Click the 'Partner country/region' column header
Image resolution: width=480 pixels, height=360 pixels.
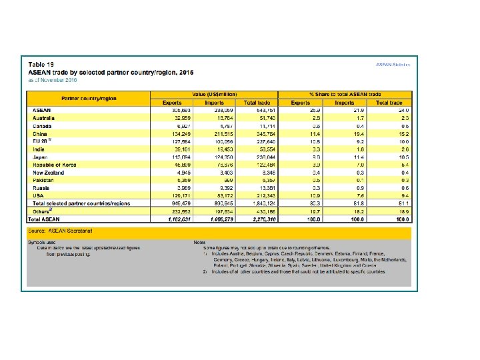[x=89, y=98]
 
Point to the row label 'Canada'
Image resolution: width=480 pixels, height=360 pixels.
[x=43, y=125]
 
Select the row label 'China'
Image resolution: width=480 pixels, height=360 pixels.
[x=41, y=133]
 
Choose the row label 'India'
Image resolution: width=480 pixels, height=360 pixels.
[x=40, y=148]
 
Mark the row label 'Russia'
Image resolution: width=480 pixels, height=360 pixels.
[x=43, y=188]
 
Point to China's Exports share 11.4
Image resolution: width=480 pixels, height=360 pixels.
[x=308, y=133]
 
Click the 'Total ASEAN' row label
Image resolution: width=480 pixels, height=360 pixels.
[x=47, y=219]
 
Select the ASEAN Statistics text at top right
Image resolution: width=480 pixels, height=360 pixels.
[x=393, y=64]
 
